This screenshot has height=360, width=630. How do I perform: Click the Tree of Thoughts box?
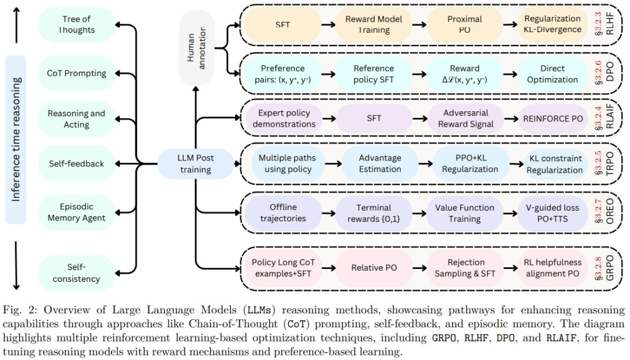(x=76, y=24)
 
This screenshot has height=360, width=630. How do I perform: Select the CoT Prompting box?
(x=76, y=73)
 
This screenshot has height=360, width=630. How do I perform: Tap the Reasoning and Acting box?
(x=76, y=119)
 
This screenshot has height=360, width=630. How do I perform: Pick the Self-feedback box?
(x=76, y=163)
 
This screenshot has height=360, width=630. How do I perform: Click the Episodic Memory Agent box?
(x=76, y=212)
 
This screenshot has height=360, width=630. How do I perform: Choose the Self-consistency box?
(x=76, y=273)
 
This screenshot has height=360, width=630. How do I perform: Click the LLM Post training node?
(x=195, y=163)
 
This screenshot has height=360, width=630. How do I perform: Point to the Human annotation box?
(x=196, y=48)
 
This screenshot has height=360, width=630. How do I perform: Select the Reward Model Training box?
(x=374, y=25)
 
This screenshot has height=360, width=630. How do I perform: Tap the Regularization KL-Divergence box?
(x=552, y=24)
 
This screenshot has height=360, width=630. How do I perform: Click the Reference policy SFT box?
(x=374, y=74)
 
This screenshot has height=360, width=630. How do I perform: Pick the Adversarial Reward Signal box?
(x=466, y=118)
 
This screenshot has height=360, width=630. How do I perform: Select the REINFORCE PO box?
(x=552, y=118)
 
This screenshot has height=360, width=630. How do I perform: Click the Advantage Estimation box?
(x=380, y=163)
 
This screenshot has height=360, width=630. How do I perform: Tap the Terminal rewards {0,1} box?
(x=374, y=213)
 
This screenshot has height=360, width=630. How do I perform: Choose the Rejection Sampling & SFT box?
(x=466, y=268)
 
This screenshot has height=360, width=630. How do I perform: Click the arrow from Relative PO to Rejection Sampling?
(x=419, y=268)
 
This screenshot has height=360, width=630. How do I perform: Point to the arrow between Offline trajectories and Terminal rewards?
(x=328, y=214)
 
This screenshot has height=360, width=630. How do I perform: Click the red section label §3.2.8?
(x=598, y=268)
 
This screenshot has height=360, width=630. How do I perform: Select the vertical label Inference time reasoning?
(x=16, y=139)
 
